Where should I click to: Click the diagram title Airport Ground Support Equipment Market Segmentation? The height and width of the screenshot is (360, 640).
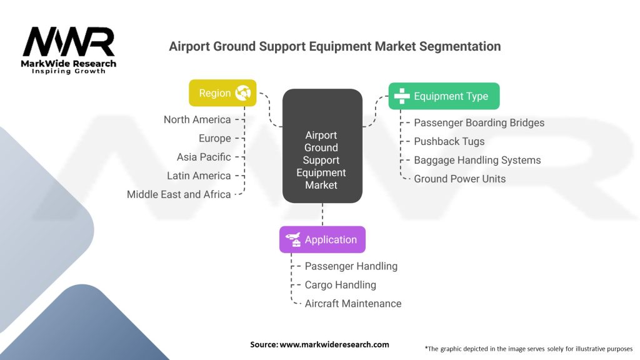click(x=334, y=47)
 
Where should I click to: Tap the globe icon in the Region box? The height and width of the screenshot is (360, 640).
click(x=242, y=94)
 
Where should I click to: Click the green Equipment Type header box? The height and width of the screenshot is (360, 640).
click(x=444, y=96)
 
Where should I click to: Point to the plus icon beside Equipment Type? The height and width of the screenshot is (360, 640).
click(x=401, y=96)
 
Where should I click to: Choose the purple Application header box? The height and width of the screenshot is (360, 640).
click(x=322, y=239)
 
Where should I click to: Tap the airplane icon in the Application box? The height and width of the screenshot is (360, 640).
click(x=292, y=239)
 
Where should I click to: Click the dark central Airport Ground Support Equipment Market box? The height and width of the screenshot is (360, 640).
click(x=321, y=160)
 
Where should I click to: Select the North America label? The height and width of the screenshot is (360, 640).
click(x=197, y=119)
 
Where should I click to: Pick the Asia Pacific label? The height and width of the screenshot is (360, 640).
click(x=204, y=157)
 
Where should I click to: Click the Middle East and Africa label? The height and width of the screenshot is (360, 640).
click(x=179, y=194)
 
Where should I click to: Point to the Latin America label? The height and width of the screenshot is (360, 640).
click(x=199, y=176)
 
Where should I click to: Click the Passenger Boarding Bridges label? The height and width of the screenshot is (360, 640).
click(x=479, y=122)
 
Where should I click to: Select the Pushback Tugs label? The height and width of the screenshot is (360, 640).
click(x=449, y=141)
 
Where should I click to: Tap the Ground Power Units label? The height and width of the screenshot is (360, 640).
click(x=459, y=179)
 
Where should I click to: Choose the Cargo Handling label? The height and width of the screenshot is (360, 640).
click(x=340, y=285)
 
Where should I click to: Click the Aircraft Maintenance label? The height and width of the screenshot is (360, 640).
click(x=352, y=304)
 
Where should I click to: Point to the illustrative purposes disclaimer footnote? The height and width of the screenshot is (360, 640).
click(x=528, y=348)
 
